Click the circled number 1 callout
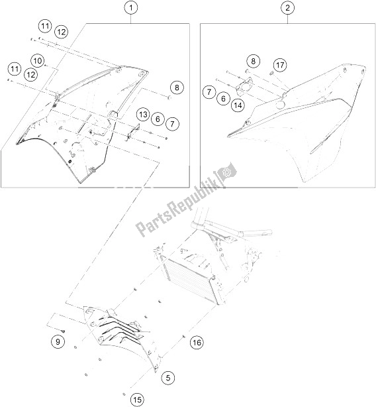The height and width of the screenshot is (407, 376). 131,8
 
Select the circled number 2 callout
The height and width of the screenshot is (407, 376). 288,8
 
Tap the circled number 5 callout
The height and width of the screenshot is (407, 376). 168,378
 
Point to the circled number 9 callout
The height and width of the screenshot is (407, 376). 58,341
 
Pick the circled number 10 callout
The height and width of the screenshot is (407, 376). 38,61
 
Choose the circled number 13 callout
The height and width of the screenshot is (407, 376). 143,115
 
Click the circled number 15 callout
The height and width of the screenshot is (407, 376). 137,400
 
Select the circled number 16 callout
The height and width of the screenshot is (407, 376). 197,343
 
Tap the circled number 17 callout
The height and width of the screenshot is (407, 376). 280,65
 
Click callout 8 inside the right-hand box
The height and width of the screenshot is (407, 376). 253,61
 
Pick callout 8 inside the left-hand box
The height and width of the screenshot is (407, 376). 177,87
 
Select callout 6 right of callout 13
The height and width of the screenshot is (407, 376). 158,119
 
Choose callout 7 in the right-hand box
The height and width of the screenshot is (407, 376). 209,92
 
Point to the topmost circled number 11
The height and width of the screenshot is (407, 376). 46,27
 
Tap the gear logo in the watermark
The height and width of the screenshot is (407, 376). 227,172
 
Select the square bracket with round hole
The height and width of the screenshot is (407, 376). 242,88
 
